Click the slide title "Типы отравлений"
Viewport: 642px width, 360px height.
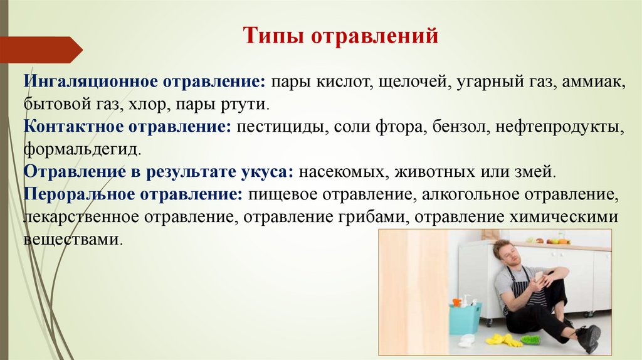click(340, 36)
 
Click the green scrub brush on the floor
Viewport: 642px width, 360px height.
click(530, 340)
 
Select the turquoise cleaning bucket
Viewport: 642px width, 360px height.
click(465, 317)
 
